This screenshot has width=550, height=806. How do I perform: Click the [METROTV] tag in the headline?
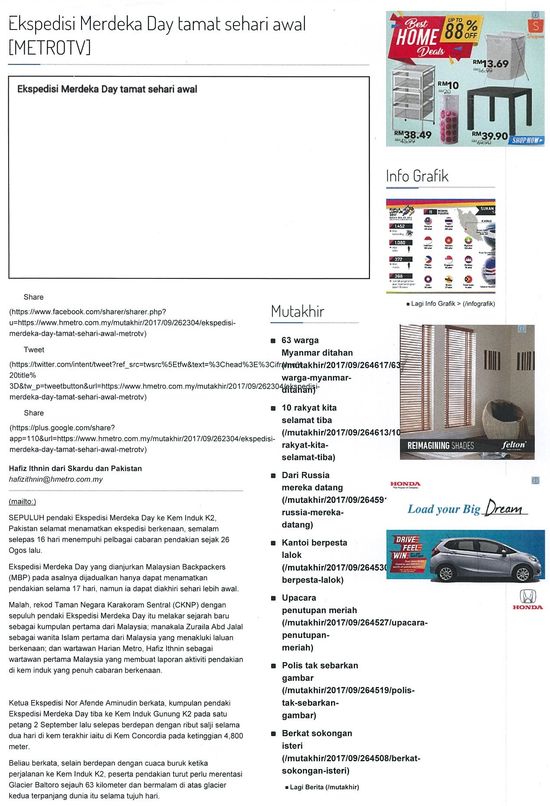[x=50, y=47]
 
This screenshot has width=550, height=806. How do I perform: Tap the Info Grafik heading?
[x=417, y=176]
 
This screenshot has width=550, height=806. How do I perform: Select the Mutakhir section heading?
[x=298, y=311]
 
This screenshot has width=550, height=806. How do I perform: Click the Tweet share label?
[x=34, y=350]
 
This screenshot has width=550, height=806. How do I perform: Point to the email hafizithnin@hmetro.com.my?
[x=56, y=479]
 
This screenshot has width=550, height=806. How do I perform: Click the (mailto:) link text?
[x=23, y=502]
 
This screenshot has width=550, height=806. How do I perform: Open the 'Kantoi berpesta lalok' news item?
[x=314, y=548]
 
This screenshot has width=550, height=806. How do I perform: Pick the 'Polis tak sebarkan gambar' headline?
[x=320, y=671]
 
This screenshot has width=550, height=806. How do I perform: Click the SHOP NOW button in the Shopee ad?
[x=527, y=140]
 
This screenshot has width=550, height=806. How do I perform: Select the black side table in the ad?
[x=500, y=106]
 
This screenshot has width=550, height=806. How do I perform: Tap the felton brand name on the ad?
[x=514, y=445]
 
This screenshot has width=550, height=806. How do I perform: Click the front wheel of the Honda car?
[x=445, y=574]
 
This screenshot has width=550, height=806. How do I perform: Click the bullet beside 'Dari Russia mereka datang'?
[x=273, y=476]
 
